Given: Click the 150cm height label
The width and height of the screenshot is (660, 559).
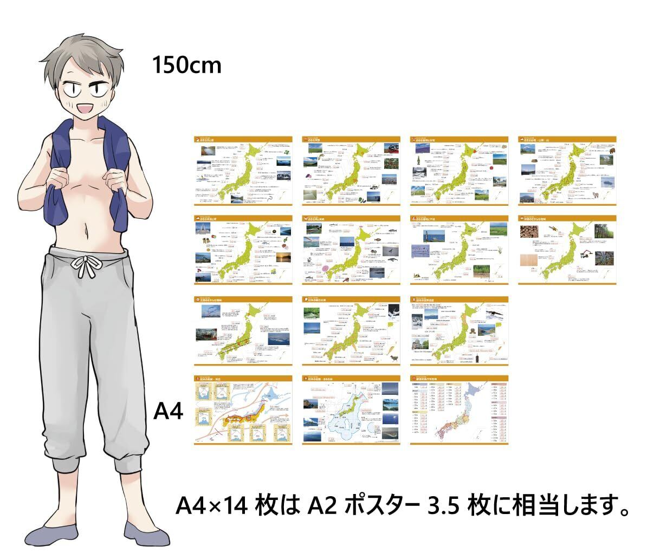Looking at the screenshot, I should pos(186,65).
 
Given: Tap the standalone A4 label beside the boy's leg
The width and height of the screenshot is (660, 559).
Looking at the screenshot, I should pos(169,412).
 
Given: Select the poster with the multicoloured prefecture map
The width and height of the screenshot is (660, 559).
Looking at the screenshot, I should pos(459,411).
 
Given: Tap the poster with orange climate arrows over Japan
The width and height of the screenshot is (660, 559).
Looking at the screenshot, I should pos(242,411).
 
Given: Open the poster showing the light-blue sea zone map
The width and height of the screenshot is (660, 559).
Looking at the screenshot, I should pos(351,411).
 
